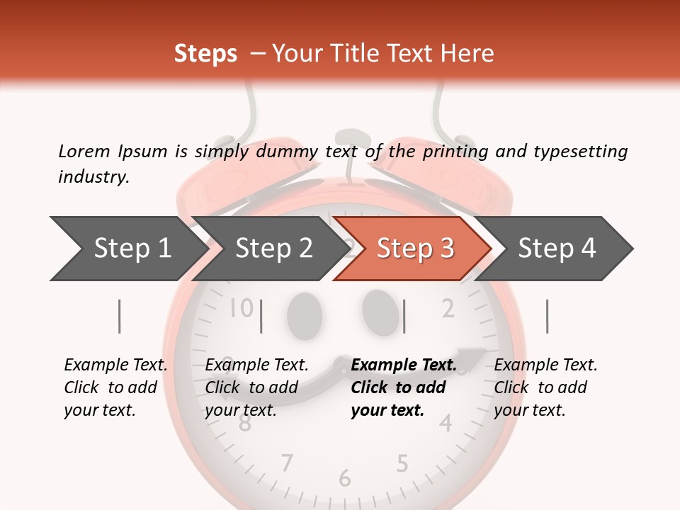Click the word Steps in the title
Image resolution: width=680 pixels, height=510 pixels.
205,55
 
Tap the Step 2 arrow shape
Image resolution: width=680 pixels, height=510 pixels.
273,249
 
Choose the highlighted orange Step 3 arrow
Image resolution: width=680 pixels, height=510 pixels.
414,249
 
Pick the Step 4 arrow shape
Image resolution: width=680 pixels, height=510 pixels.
556,249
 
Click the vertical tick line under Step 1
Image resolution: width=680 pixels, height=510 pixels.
119,316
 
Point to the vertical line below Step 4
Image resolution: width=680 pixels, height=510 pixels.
547,316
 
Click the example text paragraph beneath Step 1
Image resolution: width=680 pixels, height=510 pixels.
115,387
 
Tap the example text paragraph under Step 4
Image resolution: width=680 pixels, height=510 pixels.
545,387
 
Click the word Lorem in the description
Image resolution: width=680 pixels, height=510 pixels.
84,151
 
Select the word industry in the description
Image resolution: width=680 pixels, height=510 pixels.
93,177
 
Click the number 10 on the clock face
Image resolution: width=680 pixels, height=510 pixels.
242,308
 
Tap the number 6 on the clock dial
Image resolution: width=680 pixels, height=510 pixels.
345,479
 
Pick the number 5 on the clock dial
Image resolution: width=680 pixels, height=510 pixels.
402,464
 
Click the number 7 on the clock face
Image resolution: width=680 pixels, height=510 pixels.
286,463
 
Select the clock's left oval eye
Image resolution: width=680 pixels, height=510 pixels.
304,312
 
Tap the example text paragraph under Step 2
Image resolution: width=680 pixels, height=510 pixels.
256,387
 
